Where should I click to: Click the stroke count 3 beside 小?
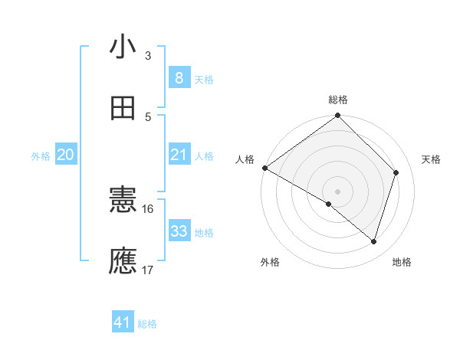tap(148, 56)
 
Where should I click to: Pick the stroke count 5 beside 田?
tap(148, 116)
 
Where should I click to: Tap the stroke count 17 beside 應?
tap(148, 270)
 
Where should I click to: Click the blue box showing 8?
tap(179, 77)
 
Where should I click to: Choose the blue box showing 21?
tap(179, 155)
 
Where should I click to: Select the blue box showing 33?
tap(179, 231)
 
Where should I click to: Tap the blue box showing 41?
tap(123, 322)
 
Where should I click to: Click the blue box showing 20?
tap(66, 155)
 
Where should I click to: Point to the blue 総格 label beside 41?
tap(147, 324)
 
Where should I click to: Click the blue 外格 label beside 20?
tap(41, 156)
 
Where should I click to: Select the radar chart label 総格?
tap(338, 100)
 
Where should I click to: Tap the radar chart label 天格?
tap(431, 159)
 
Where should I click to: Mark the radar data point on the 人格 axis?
tap(264, 168)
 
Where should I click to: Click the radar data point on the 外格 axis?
tap(329, 204)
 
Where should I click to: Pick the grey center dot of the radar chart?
tap(338, 191)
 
